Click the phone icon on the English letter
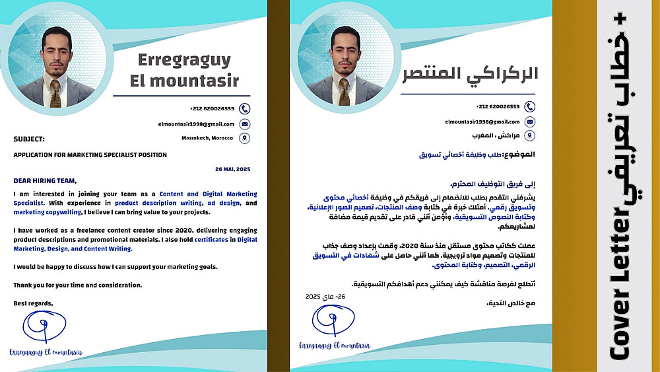[245, 108]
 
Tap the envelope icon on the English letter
[245, 124]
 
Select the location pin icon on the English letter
[245, 138]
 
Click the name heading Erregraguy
[184, 60]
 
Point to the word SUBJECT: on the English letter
[29, 139]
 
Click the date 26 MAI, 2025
[232, 169]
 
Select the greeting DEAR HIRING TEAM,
[45, 180]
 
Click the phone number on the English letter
[212, 108]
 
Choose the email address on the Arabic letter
[482, 122]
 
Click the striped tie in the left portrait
[56, 93]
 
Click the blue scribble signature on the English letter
[44, 326]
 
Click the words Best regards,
[33, 303]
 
